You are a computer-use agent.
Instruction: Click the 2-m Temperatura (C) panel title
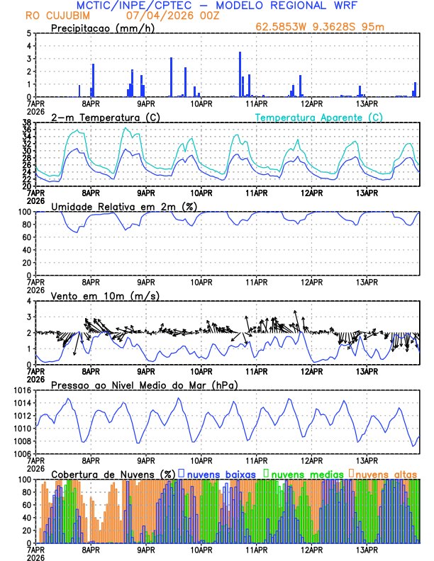104,117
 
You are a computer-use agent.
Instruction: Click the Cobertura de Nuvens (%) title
113,473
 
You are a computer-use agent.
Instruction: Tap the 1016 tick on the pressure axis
21,390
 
